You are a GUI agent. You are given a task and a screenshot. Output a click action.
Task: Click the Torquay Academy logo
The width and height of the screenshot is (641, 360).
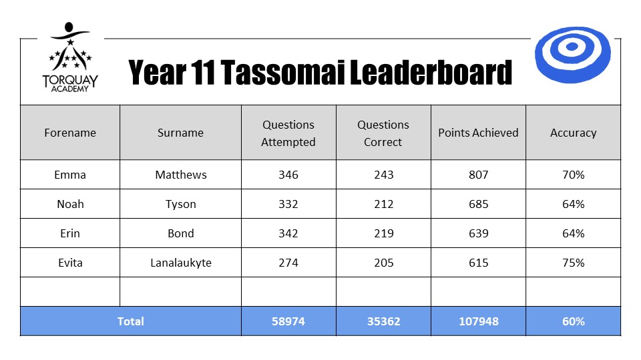coord(70,57)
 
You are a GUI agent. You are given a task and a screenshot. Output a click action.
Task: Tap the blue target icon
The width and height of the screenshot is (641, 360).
coord(572,55)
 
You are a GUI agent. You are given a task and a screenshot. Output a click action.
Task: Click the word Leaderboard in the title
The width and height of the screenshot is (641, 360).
coord(431,73)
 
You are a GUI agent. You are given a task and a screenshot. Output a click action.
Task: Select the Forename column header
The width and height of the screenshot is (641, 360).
coord(70,133)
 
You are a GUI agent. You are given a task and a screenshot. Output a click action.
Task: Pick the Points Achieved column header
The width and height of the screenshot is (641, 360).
coord(478,133)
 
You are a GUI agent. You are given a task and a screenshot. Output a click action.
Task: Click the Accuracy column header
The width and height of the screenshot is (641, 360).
coord(573,133)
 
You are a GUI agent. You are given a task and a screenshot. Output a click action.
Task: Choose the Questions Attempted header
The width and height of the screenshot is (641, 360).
coord(288,133)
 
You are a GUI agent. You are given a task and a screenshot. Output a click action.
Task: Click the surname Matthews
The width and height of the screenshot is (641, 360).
coord(181,175)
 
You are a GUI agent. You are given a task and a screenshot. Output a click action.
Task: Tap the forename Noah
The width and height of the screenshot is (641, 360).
coord(70,204)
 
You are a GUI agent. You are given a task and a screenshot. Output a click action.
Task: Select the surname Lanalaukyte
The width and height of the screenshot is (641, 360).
coord(181,263)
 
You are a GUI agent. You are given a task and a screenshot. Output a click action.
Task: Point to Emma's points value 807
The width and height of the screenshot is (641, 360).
coord(478,175)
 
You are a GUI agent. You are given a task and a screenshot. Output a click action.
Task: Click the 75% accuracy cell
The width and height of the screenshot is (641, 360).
coord(573,263)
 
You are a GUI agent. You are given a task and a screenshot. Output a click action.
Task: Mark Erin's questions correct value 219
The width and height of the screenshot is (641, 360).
coord(383,233)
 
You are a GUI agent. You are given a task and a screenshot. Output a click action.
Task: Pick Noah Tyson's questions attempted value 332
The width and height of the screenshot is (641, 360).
coord(288,204)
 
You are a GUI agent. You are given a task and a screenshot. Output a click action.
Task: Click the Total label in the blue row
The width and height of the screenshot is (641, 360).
coord(130,321)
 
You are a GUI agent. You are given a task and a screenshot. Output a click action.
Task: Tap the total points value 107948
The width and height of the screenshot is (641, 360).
coord(478,321)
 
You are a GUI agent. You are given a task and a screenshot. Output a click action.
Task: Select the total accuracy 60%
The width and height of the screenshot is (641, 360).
coord(573,321)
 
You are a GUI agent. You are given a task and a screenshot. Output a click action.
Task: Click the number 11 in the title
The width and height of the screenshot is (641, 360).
coord(203,73)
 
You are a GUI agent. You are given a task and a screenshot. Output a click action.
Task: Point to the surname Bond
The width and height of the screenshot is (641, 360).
coord(181,233)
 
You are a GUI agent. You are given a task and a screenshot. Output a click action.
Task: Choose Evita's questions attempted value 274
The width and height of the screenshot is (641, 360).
coord(288,263)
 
